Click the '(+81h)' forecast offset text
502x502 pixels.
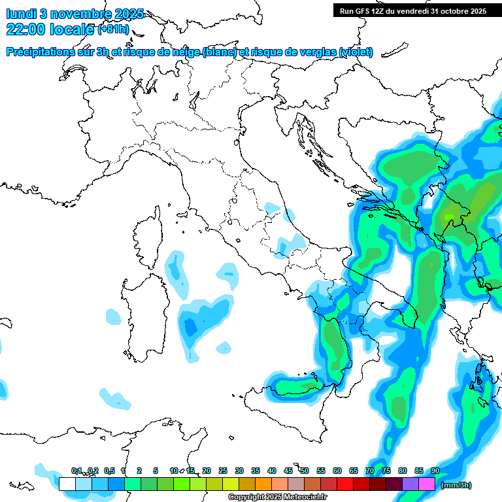113,29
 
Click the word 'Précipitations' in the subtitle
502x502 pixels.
43,52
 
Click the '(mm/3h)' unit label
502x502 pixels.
456,485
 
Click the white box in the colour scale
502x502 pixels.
67,484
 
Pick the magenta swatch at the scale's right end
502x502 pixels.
427,484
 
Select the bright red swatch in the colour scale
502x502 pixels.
345,484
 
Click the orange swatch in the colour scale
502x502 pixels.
263,484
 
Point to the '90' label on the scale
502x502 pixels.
435,471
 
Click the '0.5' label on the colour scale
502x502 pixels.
109,471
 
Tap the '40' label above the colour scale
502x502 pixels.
271,471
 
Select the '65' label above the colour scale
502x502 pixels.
353,471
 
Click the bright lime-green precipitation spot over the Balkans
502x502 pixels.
448,216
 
